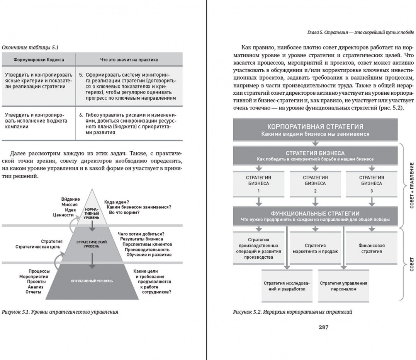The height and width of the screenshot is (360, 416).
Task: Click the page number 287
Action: [323, 327]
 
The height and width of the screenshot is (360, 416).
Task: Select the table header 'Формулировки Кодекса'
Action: [39, 60]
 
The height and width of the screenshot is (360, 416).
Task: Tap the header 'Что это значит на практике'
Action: [129, 60]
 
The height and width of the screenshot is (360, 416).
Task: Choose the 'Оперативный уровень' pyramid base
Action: [92, 281]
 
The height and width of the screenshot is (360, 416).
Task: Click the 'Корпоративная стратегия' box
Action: [315, 130]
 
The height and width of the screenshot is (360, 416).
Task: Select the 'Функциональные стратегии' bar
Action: [315, 216]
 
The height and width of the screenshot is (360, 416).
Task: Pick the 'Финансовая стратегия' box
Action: [371, 248]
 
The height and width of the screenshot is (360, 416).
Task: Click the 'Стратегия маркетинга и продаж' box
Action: [315, 248]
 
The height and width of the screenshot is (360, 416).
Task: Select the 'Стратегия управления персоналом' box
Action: [343, 286]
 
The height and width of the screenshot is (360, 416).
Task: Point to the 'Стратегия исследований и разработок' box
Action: [287, 286]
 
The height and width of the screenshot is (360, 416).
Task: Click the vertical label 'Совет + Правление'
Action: [411, 185]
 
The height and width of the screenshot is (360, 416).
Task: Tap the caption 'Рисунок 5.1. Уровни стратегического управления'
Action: [60, 312]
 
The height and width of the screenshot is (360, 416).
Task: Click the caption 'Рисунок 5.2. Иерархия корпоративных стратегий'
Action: [292, 312]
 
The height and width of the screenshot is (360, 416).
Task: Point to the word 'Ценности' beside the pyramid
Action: [63, 215]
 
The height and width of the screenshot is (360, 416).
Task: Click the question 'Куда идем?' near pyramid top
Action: [116, 202]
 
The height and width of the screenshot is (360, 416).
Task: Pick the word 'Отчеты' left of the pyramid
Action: [34, 292]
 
